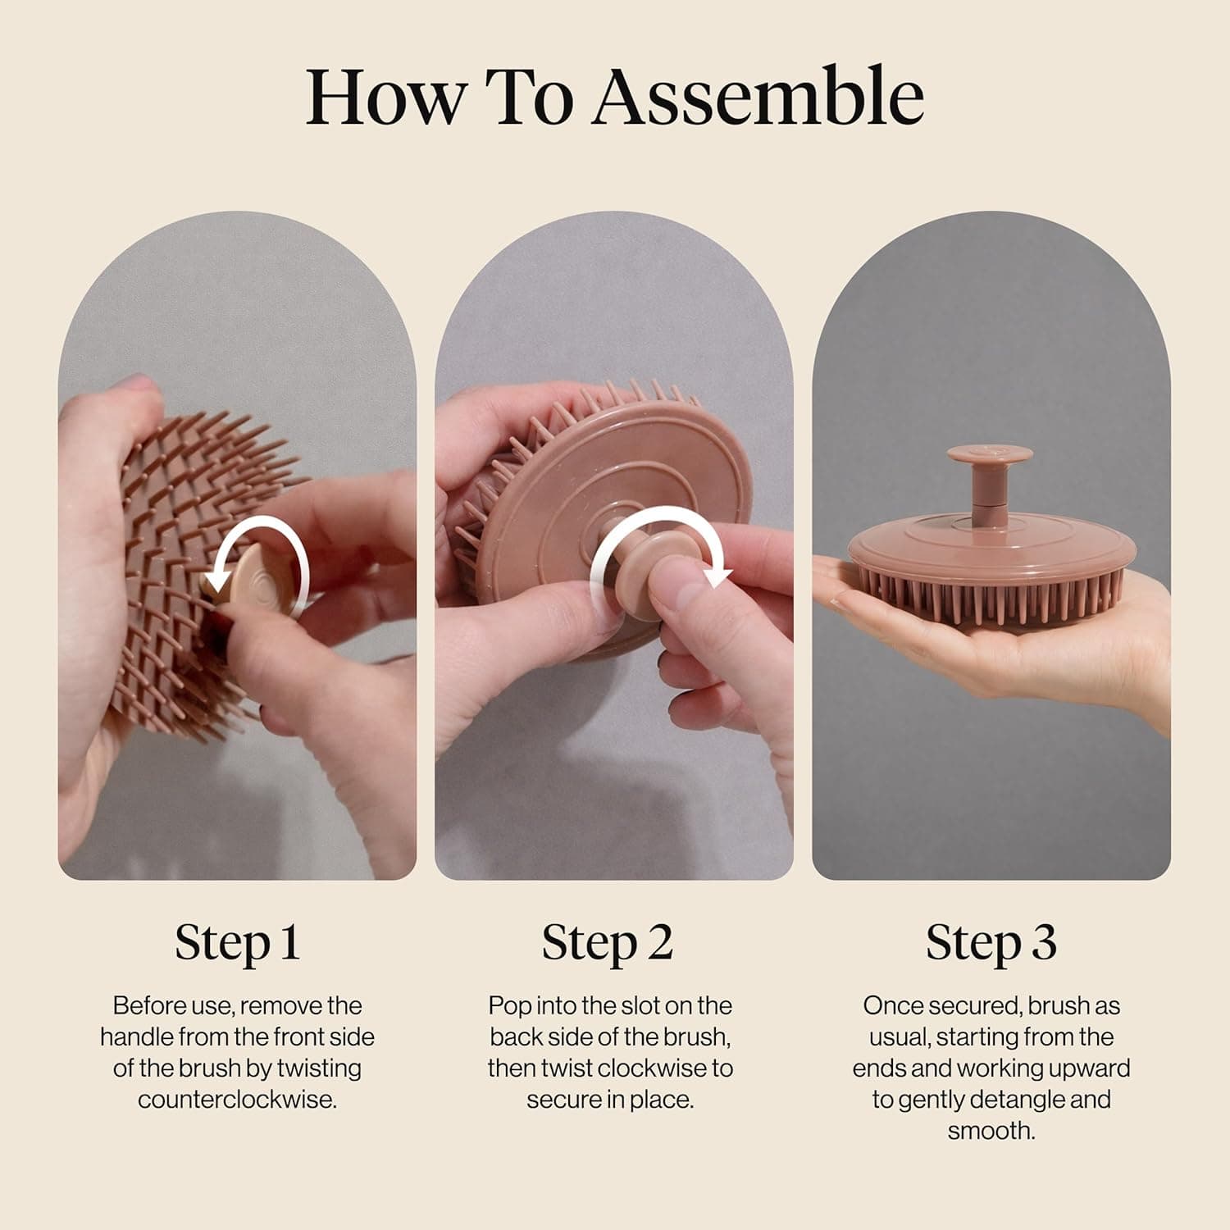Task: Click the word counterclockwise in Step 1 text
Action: pyautogui.click(x=237, y=1100)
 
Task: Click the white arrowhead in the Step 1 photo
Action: pyautogui.click(x=216, y=580)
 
